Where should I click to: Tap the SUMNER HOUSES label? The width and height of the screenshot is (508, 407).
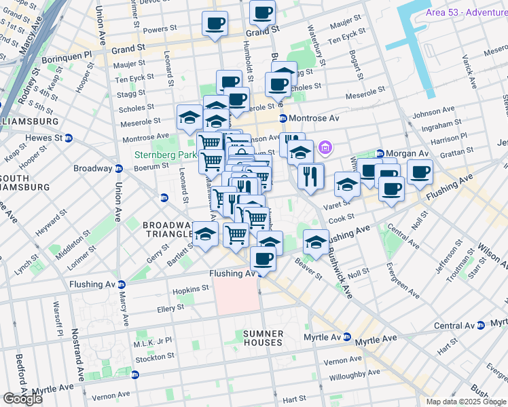coord(263,338)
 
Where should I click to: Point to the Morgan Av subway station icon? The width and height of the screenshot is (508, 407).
coord(380,153)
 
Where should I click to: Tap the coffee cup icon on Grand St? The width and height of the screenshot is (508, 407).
coord(215,24)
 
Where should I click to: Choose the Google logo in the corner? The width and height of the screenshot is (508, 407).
coord(22,399)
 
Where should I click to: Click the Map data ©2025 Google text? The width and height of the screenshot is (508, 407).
coord(467,402)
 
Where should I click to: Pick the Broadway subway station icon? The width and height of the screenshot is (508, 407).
coord(119,169)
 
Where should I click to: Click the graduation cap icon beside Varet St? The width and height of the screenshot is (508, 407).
coord(347,185)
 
